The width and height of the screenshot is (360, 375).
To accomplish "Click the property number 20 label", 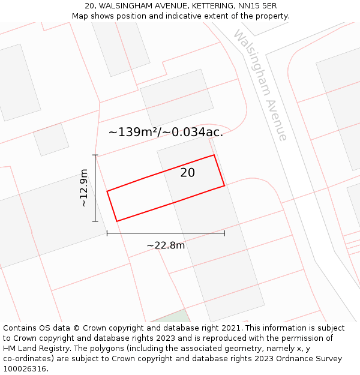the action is [x=188, y=173].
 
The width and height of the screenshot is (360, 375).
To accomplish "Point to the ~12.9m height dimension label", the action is [x=84, y=188].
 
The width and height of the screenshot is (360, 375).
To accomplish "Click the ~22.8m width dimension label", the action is [x=166, y=245].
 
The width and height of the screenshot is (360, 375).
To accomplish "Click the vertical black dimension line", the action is [x=95, y=188].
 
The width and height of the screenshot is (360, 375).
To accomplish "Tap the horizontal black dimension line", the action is [x=166, y=233].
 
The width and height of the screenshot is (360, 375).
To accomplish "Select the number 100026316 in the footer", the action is [x=23, y=368].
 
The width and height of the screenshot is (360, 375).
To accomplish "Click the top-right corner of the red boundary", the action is [x=214, y=155].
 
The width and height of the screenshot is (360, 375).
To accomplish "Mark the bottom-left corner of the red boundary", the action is [x=116, y=221].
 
